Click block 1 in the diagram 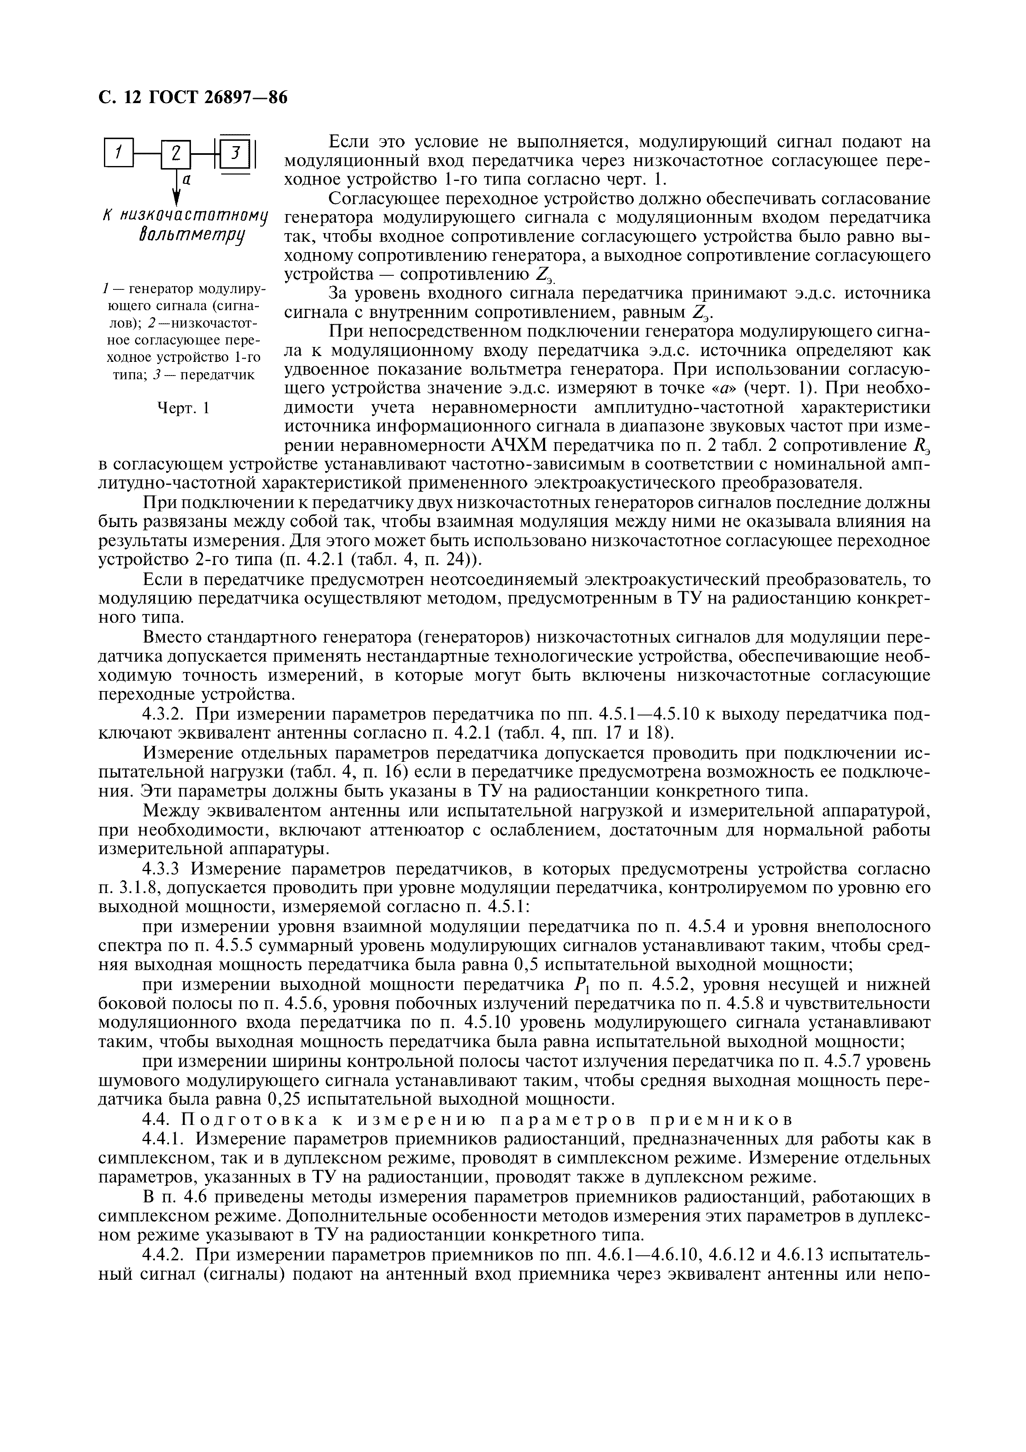coord(119,152)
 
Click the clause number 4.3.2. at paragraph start coord(166,715)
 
